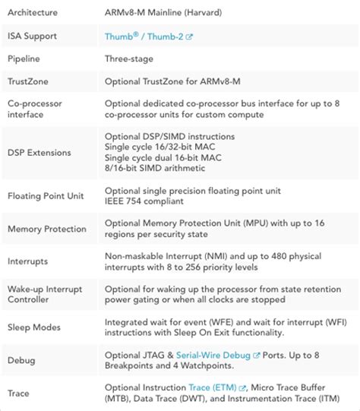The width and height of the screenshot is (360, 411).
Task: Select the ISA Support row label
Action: click(x=33, y=36)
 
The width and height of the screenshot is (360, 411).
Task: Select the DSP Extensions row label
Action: click(x=39, y=153)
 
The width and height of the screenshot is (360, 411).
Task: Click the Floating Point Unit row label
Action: click(x=46, y=196)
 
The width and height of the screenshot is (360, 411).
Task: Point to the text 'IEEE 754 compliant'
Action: click(x=144, y=202)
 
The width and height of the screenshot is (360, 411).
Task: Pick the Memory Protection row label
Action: click(x=47, y=229)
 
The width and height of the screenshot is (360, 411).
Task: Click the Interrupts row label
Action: click(x=28, y=261)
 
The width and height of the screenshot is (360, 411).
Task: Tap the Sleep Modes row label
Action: click(x=34, y=327)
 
